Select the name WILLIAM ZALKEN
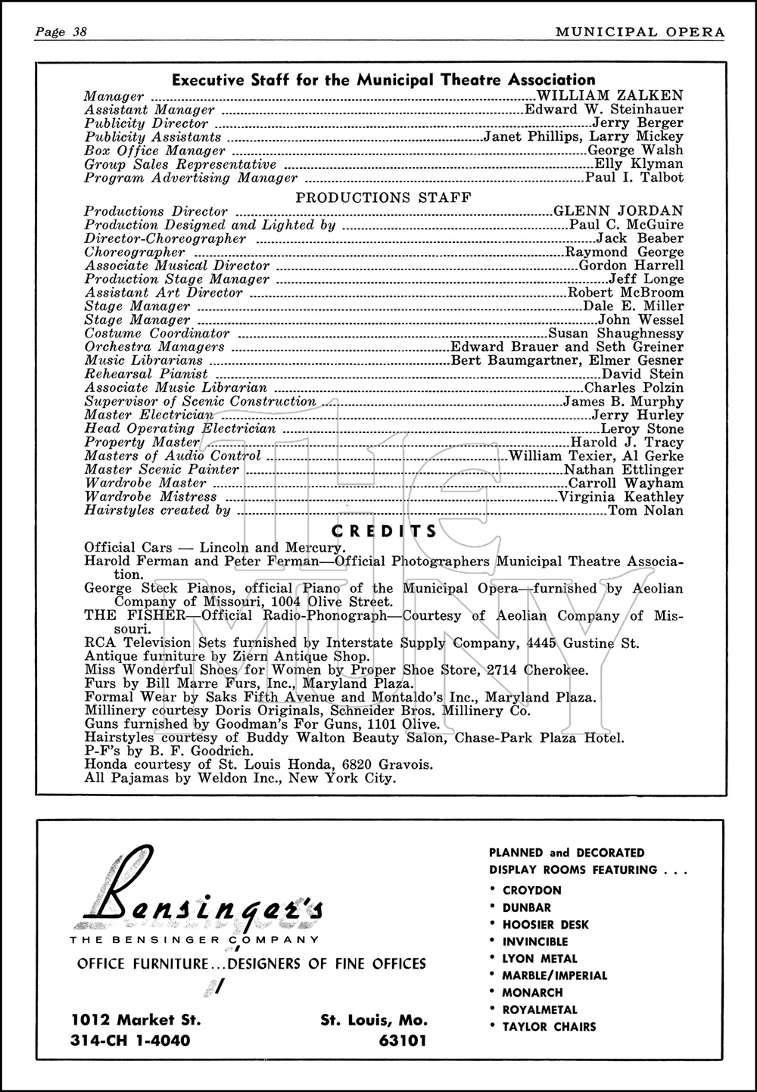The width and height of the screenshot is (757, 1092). (x=609, y=96)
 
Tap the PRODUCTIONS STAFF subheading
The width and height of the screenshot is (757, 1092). (x=383, y=198)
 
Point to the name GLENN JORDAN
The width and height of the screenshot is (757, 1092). (x=618, y=211)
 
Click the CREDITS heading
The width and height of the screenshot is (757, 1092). (x=385, y=531)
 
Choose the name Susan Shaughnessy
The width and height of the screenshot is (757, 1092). (x=615, y=334)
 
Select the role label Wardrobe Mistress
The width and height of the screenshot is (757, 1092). (x=151, y=497)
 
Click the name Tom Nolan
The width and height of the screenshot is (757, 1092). (x=646, y=511)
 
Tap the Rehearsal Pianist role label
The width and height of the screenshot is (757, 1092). (x=146, y=374)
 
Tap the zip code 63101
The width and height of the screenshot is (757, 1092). (x=402, y=1040)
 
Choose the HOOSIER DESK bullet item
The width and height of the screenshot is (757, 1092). (x=545, y=925)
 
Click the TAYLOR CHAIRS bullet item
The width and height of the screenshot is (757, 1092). (x=549, y=1027)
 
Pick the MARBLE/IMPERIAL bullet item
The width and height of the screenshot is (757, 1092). (x=555, y=975)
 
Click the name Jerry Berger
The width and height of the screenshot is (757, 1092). (x=637, y=123)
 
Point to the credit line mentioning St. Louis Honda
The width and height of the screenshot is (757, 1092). (x=259, y=765)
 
